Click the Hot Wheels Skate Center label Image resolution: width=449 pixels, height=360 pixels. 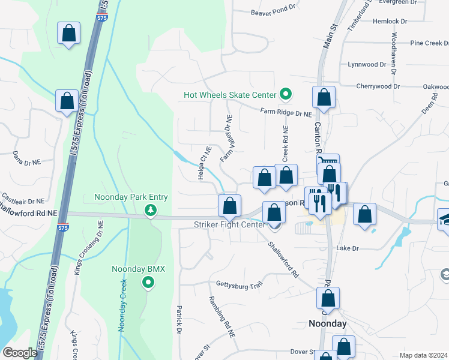coord(230,95)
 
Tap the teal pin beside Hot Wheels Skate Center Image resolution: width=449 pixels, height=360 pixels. coord(286,94)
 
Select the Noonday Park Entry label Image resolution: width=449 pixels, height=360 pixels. coord(131,197)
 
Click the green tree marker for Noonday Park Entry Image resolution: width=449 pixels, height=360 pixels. coord(151,210)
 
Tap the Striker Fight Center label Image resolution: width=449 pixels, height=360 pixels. coord(229,225)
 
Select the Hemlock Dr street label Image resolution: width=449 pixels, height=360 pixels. coord(390,21)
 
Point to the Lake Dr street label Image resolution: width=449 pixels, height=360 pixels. coord(348,248)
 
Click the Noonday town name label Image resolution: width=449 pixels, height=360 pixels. coord(328,323)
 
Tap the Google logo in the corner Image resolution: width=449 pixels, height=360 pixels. coord(20,352)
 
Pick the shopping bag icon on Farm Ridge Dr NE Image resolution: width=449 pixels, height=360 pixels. coord(324,99)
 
